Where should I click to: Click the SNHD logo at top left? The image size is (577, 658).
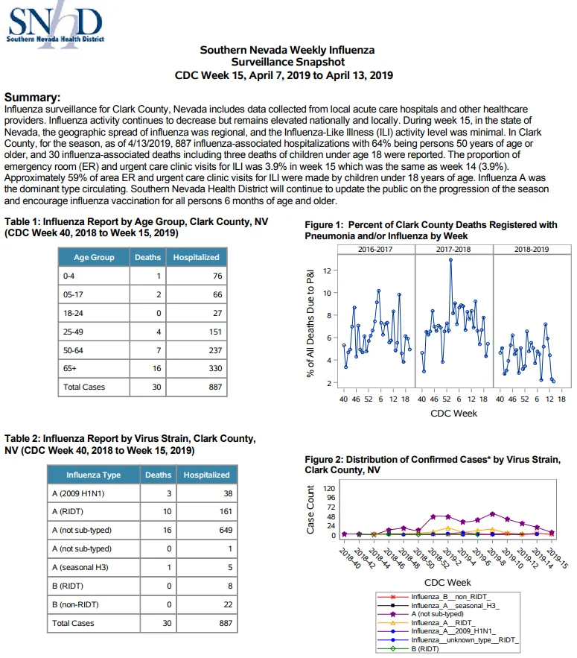click(x=55, y=25)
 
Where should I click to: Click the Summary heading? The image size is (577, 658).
click(x=32, y=98)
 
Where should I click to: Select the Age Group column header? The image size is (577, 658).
click(x=94, y=257)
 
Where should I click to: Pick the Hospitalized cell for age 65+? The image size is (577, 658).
click(x=197, y=368)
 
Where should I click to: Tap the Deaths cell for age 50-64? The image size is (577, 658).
click(x=148, y=350)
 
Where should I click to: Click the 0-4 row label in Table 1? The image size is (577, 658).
click(x=68, y=276)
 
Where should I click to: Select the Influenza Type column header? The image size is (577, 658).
click(x=94, y=475)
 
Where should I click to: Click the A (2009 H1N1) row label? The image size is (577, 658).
click(x=78, y=493)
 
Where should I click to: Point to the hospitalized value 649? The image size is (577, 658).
click(x=226, y=530)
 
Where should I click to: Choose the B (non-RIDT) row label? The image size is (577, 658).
click(x=75, y=604)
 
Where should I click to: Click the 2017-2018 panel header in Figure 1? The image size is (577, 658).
click(x=453, y=250)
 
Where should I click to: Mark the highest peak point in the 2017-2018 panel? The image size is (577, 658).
click(x=450, y=260)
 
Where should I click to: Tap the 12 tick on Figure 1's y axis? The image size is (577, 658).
click(x=327, y=271)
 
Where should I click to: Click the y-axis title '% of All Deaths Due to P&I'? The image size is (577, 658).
click(x=310, y=323)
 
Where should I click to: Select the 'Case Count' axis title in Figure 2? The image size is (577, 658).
click(x=310, y=510)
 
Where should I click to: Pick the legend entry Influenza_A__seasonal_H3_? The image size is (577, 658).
click(x=456, y=606)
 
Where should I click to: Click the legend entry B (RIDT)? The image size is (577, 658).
click(x=425, y=649)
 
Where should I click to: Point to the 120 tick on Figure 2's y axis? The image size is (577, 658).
click(x=329, y=488)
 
